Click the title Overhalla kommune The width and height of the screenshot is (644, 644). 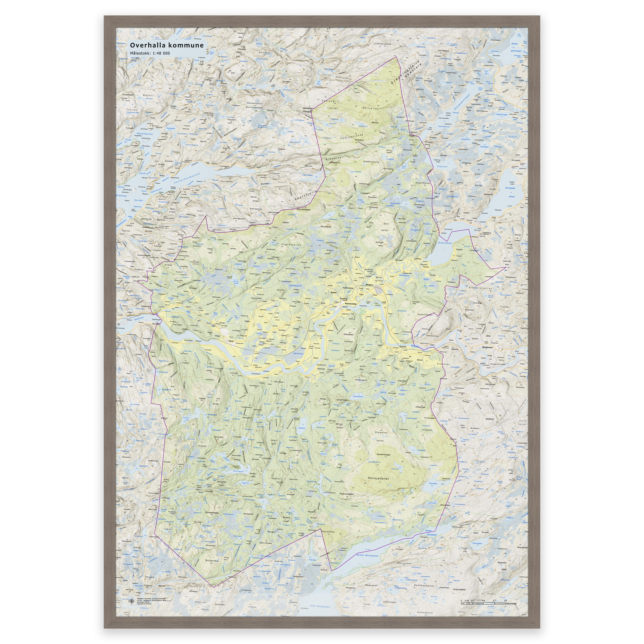(x=167, y=45)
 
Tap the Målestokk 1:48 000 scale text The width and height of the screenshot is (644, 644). (x=150, y=53)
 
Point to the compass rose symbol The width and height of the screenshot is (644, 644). (x=132, y=602)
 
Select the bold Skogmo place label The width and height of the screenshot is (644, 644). (x=369, y=285)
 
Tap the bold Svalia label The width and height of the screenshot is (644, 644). (x=333, y=292)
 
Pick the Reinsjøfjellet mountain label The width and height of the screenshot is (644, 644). (x=378, y=478)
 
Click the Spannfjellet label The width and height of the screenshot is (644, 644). (x=425, y=314)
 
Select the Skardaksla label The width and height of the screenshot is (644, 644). (x=328, y=532)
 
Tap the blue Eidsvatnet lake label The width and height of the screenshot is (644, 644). (x=445, y=243)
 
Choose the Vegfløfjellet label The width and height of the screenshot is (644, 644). (x=291, y=244)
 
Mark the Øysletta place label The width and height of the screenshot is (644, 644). (x=403, y=346)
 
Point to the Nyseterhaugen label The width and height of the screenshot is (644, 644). (x=383, y=454)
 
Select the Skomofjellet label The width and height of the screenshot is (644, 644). (x=326, y=227)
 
